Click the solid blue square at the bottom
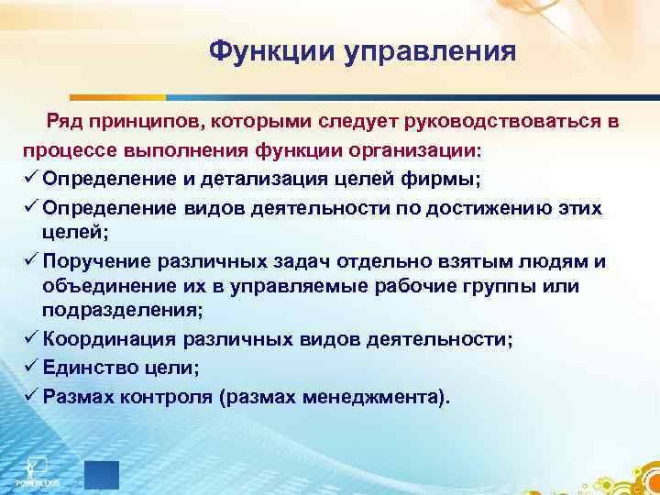(x=102, y=475)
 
